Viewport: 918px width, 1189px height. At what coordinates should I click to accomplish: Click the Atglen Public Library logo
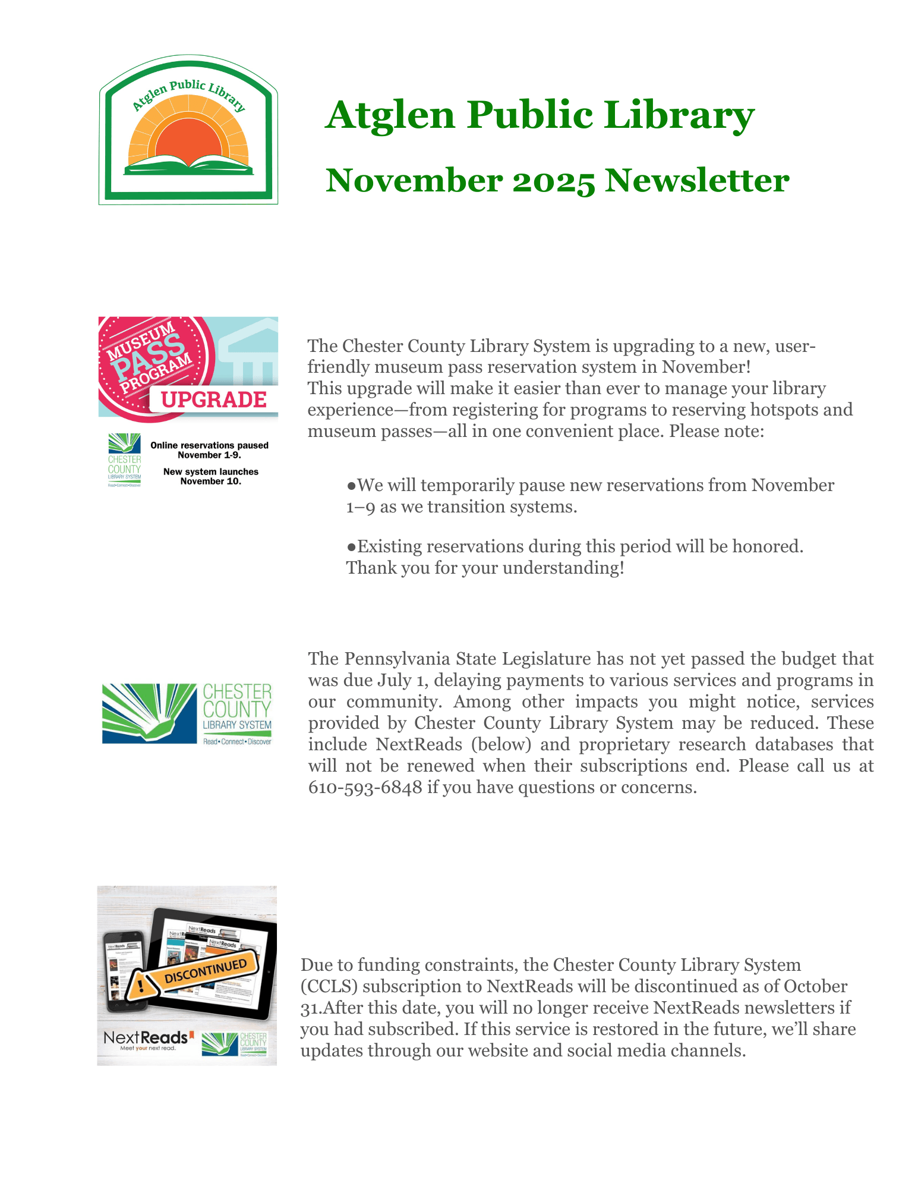click(x=188, y=130)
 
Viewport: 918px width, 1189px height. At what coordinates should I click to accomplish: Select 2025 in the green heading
click(x=553, y=181)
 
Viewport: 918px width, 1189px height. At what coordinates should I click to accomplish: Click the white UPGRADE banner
click(x=213, y=400)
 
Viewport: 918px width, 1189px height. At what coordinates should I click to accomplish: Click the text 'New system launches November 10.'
click(x=211, y=476)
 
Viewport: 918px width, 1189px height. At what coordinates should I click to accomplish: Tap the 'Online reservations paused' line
click(x=209, y=445)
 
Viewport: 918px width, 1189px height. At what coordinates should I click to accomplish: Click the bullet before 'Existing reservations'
click(x=351, y=547)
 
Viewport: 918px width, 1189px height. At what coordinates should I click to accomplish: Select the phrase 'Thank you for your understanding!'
click(x=485, y=568)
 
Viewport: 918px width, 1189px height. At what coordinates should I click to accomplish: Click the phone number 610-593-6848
click(x=365, y=787)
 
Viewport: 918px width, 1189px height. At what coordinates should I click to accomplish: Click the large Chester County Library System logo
click(x=187, y=713)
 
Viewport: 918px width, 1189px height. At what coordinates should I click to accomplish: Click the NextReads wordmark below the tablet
click(x=146, y=1037)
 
